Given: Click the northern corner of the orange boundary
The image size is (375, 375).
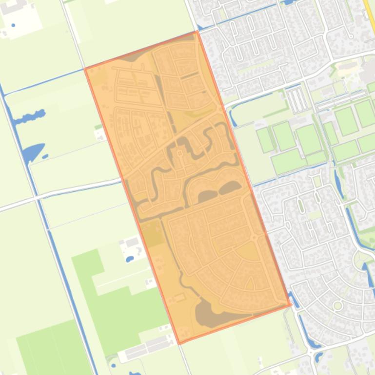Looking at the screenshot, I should click(x=197, y=32).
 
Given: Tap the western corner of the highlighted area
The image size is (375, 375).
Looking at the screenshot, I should click(x=85, y=69).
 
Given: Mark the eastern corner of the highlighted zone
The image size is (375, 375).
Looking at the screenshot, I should click(x=291, y=305).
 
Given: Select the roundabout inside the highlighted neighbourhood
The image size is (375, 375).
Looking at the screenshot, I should click(x=254, y=237).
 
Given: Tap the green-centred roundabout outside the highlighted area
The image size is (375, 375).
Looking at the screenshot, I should click(x=337, y=305).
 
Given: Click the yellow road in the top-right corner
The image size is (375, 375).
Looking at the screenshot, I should click(x=369, y=17).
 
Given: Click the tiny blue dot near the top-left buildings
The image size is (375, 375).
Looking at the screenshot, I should click(x=13, y=25).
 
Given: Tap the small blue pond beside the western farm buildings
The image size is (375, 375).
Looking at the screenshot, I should click(x=130, y=259).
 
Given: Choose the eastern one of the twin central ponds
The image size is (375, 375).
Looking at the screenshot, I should click(x=229, y=187).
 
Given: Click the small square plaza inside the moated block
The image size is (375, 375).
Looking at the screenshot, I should click(x=179, y=153).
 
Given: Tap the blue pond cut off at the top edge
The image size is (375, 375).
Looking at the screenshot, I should click(x=288, y=2).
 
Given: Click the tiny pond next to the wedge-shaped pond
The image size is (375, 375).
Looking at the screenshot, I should click(x=45, y=156).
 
